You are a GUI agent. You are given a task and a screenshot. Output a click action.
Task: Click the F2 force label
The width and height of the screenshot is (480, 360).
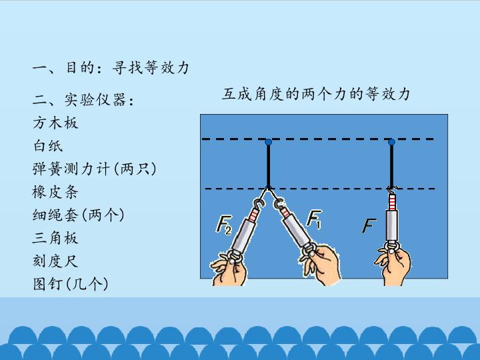[x=224, y=225]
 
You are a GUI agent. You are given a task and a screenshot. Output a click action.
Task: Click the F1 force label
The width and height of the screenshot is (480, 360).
[x=315, y=219]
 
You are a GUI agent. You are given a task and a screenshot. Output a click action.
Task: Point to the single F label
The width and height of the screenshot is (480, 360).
[x=369, y=226]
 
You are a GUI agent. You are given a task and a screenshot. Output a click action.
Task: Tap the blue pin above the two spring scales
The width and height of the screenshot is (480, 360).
[x=269, y=142]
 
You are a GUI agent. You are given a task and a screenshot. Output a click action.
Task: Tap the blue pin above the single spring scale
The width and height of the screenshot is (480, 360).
[x=391, y=142]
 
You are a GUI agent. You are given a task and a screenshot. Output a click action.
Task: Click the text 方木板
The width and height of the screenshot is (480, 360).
[x=55, y=123]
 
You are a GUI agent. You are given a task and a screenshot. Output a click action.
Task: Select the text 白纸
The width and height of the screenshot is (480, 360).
[x=48, y=146]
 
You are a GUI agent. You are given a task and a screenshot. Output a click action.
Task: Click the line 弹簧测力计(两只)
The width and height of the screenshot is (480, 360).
[x=94, y=169]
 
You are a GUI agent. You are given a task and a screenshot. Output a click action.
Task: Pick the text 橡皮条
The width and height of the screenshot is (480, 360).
[x=55, y=192]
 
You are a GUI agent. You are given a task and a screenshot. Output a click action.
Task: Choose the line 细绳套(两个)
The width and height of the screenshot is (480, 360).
[x=79, y=215]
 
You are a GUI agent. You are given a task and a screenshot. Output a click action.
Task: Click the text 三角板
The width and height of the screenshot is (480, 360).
[x=55, y=238]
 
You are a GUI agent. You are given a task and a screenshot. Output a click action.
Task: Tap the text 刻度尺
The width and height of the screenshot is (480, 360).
[x=55, y=261]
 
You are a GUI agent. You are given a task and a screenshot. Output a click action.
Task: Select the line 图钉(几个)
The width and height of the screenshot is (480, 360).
[x=71, y=284]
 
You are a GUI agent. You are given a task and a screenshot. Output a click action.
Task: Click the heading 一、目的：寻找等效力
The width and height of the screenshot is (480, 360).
[x=111, y=67]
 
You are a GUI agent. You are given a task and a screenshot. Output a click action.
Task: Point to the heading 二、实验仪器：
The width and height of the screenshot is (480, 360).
[x=83, y=100]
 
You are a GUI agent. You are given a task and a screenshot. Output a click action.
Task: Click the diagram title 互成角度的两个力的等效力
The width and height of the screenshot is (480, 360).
[x=316, y=94]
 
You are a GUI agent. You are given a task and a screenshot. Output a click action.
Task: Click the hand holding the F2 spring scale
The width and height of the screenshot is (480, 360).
[x=229, y=269]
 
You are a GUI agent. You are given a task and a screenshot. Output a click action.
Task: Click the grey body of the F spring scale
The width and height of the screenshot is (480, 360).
[x=392, y=225]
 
